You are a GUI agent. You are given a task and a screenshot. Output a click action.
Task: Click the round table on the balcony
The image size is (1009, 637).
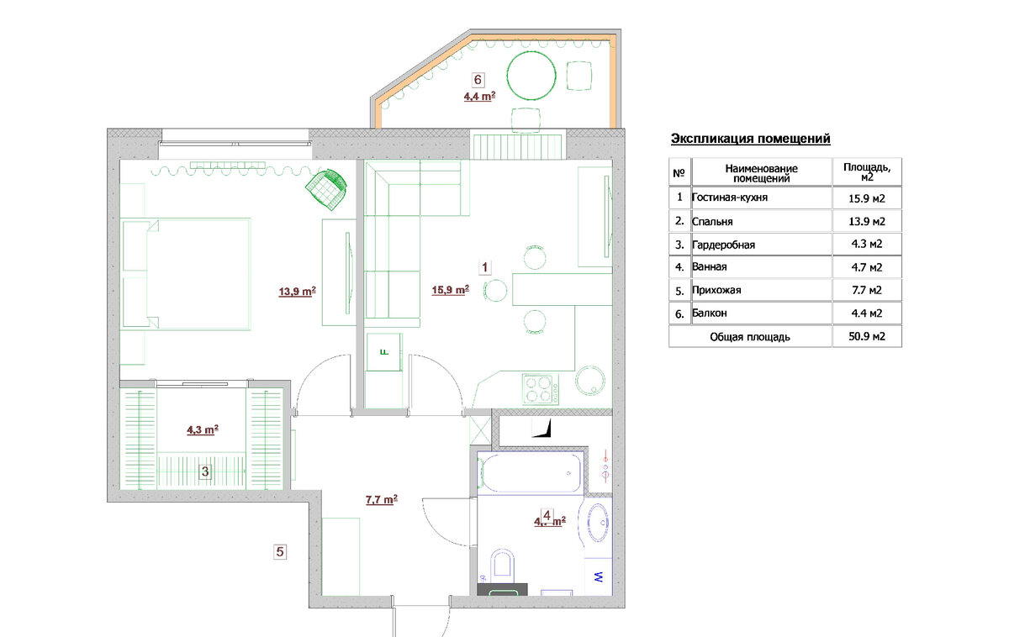(x=531, y=75)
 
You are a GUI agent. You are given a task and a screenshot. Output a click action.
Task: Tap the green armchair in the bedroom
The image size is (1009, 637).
(x=326, y=189)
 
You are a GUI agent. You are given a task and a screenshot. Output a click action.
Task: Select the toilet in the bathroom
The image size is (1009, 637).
(x=502, y=565)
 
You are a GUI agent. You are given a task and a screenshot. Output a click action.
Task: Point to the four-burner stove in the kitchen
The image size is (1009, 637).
(x=541, y=389)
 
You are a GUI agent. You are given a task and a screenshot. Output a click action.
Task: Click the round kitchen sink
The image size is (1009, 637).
(x=589, y=381)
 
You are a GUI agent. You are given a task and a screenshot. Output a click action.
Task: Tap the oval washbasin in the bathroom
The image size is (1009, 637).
(x=598, y=523)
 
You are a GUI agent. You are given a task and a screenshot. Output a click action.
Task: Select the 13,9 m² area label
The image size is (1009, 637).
(x=298, y=292)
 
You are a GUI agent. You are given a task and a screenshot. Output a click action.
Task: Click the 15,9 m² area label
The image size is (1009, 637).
(x=451, y=289)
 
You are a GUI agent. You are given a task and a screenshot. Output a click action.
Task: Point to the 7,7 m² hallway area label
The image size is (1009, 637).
(x=382, y=499)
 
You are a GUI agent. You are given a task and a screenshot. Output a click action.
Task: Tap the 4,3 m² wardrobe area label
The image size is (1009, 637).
(x=203, y=429)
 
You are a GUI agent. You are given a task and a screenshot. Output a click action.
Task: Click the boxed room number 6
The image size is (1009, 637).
(x=478, y=80)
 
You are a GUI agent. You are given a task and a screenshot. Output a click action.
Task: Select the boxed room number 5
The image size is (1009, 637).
(x=280, y=551)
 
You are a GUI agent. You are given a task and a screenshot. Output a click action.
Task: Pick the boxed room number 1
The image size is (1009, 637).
(x=484, y=267)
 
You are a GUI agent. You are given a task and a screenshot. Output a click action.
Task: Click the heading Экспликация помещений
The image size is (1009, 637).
(x=750, y=139)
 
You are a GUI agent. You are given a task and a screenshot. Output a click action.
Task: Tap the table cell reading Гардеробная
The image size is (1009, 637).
(x=723, y=245)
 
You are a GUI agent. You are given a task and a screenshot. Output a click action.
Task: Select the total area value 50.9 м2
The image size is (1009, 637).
(x=867, y=336)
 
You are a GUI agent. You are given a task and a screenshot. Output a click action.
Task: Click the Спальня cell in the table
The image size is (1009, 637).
(x=712, y=222)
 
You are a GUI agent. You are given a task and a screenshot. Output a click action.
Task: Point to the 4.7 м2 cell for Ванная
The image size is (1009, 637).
(x=867, y=267)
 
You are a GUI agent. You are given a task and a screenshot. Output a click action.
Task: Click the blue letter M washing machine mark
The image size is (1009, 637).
(x=599, y=576)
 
